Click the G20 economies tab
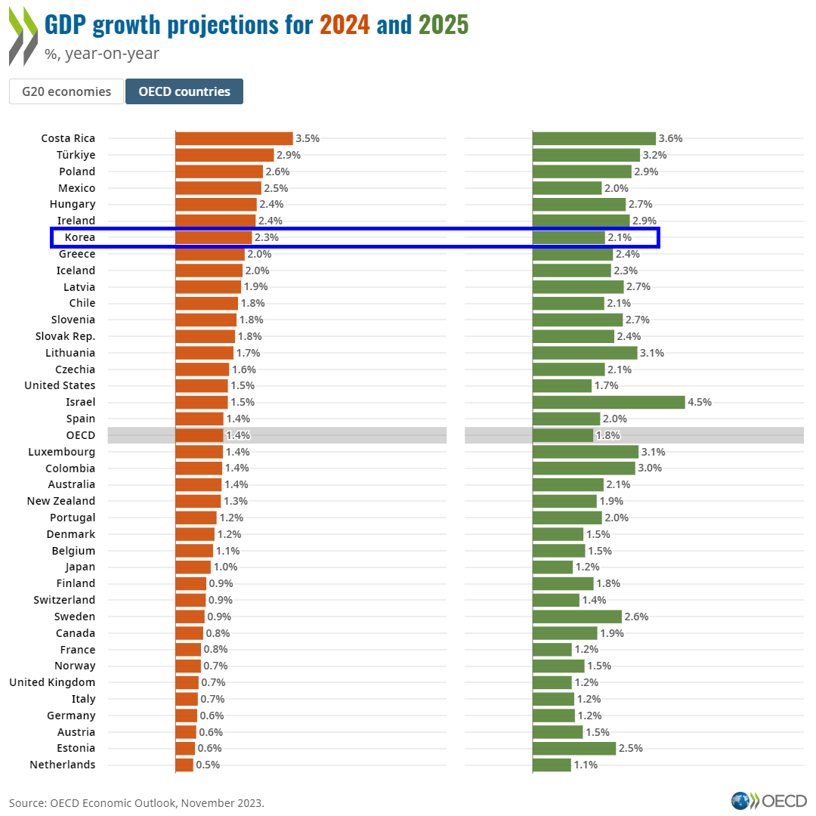[x=66, y=91]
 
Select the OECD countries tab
[x=184, y=91]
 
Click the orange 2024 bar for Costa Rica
[x=234, y=138]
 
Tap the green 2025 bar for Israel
[x=609, y=402]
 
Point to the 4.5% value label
[x=700, y=402]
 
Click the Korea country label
[x=80, y=237]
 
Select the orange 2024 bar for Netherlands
[x=184, y=765]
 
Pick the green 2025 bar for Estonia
[x=574, y=748]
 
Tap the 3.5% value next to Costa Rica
[x=308, y=138]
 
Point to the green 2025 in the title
[x=444, y=26]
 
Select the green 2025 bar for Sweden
[x=577, y=617]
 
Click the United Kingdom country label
[x=52, y=682]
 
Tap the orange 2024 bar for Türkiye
[x=224, y=155]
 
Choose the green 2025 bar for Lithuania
[x=585, y=353]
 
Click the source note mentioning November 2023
[x=137, y=802]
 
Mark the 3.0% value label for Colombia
[x=650, y=468]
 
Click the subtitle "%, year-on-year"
[x=102, y=54]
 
